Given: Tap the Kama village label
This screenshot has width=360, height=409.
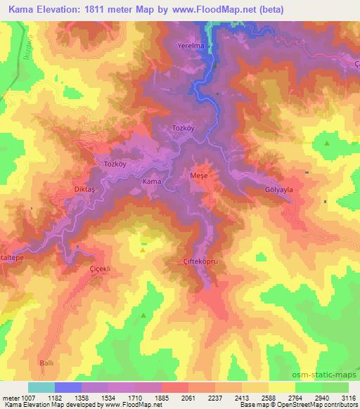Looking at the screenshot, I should [x=153, y=182].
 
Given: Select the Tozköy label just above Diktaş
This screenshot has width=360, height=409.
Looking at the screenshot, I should [x=115, y=164].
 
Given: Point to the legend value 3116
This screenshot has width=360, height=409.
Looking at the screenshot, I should [x=347, y=398].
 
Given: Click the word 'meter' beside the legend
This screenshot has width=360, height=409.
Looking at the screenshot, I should [x=11, y=398].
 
